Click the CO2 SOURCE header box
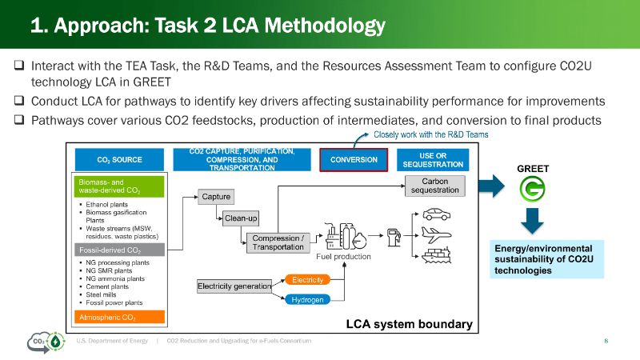coord(119,160)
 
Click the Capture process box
coord(217,197)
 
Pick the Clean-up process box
coord(240,218)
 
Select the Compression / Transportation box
coord(278,243)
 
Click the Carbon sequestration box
coord(434,186)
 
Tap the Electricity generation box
coord(234,286)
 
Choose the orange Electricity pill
coord(307,280)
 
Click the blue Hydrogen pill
coord(307,299)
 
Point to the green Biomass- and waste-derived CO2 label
coord(119,187)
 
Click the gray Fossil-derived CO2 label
coord(119,250)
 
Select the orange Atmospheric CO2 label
coord(119,317)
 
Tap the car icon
coord(436,215)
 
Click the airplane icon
coord(436,235)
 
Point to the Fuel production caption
coord(343,257)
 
